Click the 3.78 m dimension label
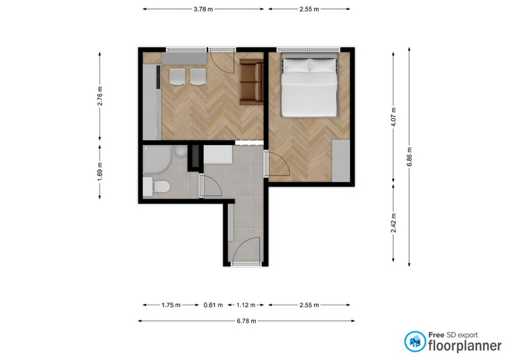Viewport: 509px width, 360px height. pyautogui.click(x=203, y=9)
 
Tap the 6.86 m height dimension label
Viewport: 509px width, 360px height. pyautogui.click(x=409, y=156)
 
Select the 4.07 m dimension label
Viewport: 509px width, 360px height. pyautogui.click(x=393, y=117)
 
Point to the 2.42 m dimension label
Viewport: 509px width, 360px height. pyautogui.click(x=393, y=223)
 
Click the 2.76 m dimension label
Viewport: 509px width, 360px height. pyautogui.click(x=100, y=96)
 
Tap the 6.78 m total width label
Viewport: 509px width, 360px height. pyautogui.click(x=246, y=321)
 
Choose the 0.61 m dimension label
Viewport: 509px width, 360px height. pyautogui.click(x=213, y=305)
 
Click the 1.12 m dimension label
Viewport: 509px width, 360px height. pyautogui.click(x=246, y=305)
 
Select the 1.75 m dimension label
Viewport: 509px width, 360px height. pyautogui.click(x=171, y=305)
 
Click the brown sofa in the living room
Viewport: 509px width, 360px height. pyautogui.click(x=251, y=82)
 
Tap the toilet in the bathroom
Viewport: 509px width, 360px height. pyautogui.click(x=157, y=186)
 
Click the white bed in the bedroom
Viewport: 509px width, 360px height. pyautogui.click(x=309, y=85)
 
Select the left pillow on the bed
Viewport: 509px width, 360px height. pyautogui.click(x=296, y=66)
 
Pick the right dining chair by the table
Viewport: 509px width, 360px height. pyautogui.click(x=198, y=77)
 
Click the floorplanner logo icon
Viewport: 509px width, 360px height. pyautogui.click(x=415, y=342)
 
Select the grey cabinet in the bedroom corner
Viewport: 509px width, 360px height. pyautogui.click(x=341, y=161)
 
